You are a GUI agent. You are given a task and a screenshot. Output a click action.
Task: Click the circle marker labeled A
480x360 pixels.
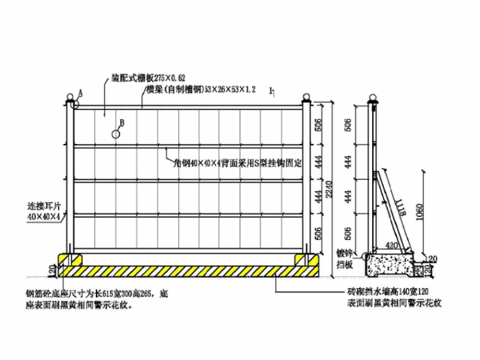(75, 105)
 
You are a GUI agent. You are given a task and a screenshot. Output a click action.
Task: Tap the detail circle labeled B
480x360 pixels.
(116, 134)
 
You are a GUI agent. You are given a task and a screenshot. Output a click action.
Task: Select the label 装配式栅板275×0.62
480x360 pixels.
(142, 77)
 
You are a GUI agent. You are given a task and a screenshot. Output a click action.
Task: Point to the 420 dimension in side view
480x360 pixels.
(392, 245)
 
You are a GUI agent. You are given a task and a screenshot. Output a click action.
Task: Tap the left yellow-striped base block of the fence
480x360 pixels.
(70, 260)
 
